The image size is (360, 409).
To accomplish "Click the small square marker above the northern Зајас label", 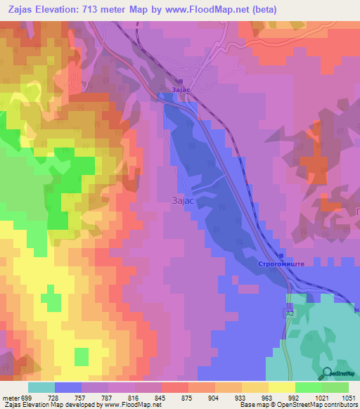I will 179,81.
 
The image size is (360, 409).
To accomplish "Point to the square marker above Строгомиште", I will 281,256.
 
